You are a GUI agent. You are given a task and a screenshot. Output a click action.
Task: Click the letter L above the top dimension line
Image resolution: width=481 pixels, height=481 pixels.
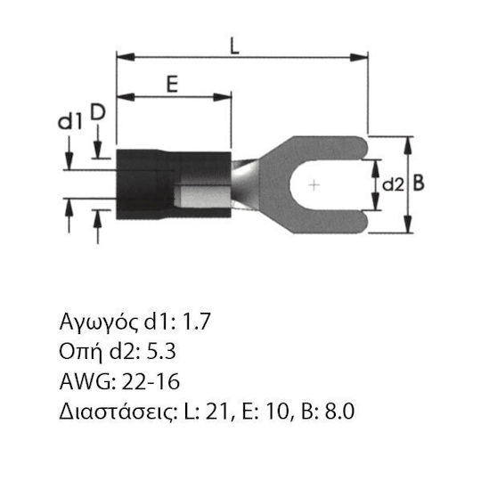click(235, 46)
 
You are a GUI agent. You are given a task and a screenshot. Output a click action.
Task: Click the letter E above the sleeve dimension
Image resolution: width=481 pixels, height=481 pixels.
click(173, 84)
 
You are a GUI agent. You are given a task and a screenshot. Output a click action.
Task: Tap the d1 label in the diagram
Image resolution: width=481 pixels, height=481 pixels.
click(70, 121)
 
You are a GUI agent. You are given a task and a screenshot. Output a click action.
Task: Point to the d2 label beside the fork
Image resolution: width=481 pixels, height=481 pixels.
click(393, 184)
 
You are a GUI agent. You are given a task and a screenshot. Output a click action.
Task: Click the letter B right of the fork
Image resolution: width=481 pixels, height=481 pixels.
click(419, 183)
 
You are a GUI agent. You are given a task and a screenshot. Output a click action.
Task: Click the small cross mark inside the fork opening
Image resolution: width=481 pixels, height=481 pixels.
click(314, 185)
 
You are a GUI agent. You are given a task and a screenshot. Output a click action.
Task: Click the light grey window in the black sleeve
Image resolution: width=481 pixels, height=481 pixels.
click(202, 196)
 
